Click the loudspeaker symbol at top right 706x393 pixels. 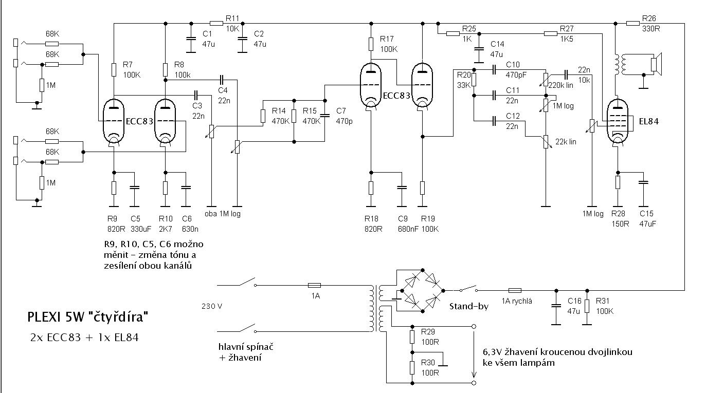pyautogui.click(x=656, y=64)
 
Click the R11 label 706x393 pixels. pyautogui.click(x=232, y=18)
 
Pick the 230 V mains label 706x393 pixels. pyautogui.click(x=212, y=306)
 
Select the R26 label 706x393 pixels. pyautogui.click(x=649, y=18)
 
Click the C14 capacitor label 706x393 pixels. pyautogui.click(x=497, y=44)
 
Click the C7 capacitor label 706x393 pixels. pyautogui.click(x=341, y=111)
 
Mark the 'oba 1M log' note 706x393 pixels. pyautogui.click(x=222, y=214)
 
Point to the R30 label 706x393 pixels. pyautogui.click(x=428, y=362)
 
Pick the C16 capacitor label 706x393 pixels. pyautogui.click(x=574, y=301)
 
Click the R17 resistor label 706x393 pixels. pyautogui.click(x=387, y=39)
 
